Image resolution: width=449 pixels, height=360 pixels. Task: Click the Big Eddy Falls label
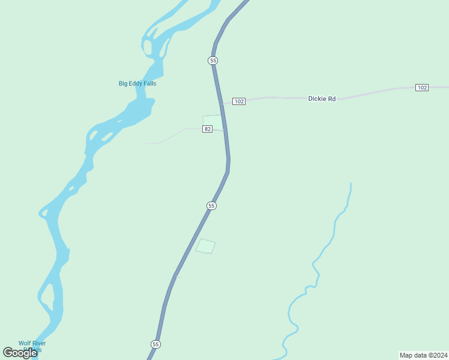coord(137,83)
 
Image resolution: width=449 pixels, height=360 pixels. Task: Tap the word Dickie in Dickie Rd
coord(317,98)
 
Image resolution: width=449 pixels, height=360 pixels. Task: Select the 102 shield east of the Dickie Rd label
coord(422,88)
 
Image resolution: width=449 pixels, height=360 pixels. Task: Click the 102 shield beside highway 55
coord(239,101)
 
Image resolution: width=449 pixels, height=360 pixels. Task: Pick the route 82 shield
coord(207,129)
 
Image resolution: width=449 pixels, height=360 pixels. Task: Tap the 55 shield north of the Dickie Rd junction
coord(213,61)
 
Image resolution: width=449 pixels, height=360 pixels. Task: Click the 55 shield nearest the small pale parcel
coord(211,206)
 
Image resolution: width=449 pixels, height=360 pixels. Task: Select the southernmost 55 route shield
coord(155,344)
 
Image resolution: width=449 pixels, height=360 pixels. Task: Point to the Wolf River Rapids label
coord(31,346)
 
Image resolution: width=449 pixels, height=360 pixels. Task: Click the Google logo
coord(20,353)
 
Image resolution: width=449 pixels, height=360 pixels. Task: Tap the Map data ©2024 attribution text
coord(423,355)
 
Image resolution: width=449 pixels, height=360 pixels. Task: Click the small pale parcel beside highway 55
coord(205,246)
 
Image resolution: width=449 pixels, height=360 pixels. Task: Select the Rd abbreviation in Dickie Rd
coord(331,98)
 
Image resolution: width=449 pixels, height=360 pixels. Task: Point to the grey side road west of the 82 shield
coord(174,135)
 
